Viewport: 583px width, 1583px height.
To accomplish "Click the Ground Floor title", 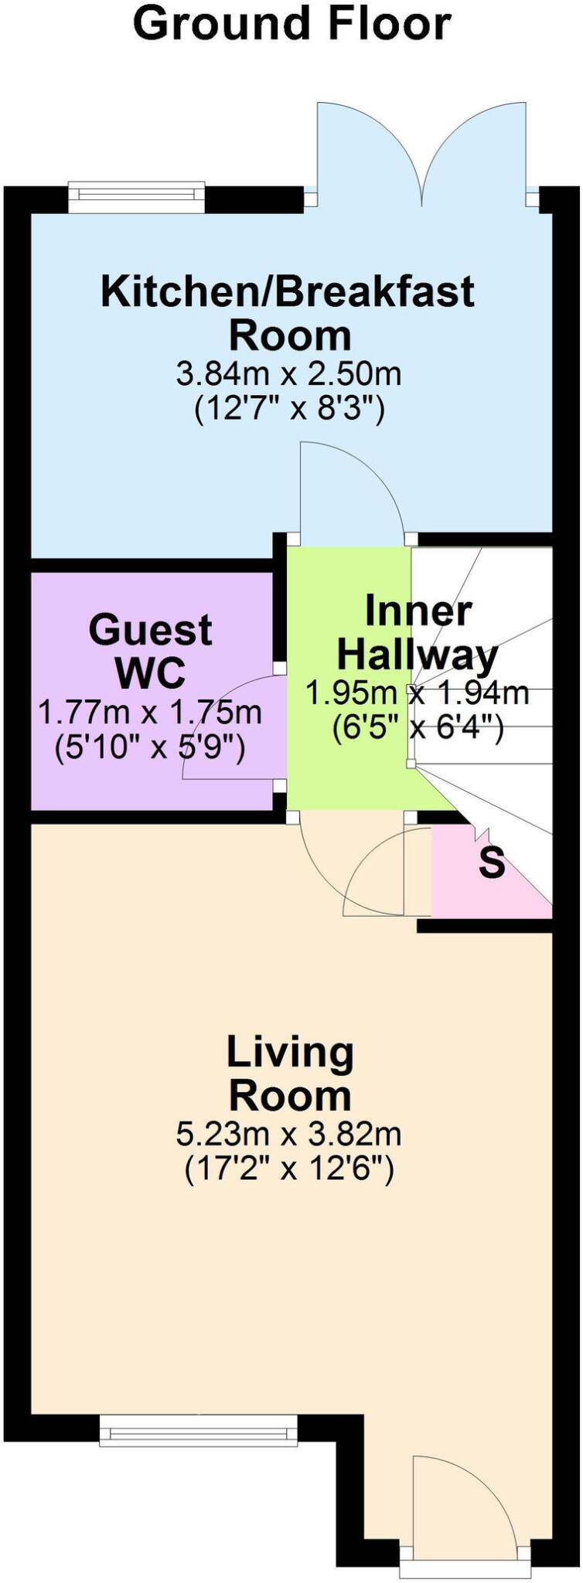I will coord(291,23).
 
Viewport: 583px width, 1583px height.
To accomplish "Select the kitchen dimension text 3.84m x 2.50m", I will coord(288,375).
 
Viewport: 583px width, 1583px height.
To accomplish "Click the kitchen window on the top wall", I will coord(137,196).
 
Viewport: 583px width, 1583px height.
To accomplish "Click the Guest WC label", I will coord(150,650).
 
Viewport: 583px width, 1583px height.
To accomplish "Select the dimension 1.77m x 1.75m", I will coord(150,712).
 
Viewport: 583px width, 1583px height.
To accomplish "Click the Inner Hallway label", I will coord(418,633).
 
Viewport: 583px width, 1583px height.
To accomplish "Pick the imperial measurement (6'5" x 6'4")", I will coord(418,728).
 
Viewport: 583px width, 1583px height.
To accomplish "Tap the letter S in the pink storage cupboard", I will coord(492,863).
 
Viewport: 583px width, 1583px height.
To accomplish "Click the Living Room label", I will coord(290,1074).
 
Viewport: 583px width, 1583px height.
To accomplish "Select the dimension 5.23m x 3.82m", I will coord(288,1135).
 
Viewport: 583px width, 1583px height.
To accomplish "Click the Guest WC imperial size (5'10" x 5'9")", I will coord(150,747).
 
